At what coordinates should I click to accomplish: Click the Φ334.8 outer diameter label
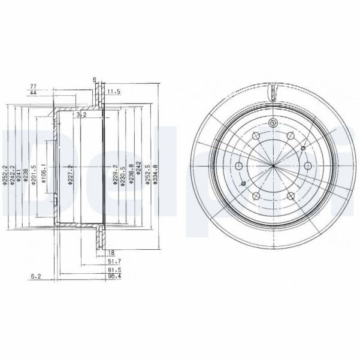coord(155,174)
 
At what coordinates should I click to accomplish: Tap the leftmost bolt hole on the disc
coord(239,166)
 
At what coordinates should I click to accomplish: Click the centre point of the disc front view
coord(273,165)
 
